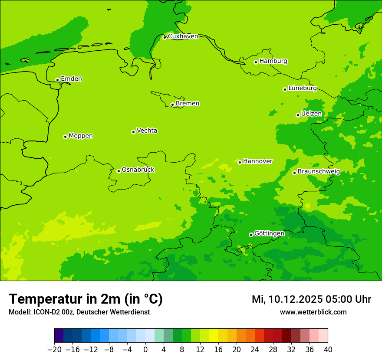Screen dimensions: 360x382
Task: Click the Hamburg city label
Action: (273, 61)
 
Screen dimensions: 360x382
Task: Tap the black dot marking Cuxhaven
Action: (165, 38)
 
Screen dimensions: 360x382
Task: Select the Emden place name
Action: (71, 79)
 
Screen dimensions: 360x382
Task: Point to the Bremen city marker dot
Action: (172, 105)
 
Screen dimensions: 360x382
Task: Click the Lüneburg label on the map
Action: (302, 88)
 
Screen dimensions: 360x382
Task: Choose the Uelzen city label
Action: (311, 114)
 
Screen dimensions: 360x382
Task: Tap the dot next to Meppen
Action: (65, 137)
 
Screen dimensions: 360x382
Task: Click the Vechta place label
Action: (147, 131)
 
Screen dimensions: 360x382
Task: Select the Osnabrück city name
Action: (138, 170)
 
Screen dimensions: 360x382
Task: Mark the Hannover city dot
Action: (240, 162)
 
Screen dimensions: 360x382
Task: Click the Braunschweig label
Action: (319, 172)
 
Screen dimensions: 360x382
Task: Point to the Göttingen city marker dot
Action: (251, 235)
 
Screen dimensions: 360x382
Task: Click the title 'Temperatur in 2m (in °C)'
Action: (86, 299)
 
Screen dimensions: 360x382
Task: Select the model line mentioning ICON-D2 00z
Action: (79, 312)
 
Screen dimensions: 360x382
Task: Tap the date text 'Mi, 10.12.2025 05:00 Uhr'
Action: (311, 299)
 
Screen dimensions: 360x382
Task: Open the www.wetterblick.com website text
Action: (313, 312)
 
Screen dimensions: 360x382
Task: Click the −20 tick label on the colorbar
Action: (54, 350)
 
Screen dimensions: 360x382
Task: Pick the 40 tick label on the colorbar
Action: (328, 350)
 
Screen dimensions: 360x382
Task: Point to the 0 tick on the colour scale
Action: (145, 350)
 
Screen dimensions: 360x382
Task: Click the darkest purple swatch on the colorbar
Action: (59, 336)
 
